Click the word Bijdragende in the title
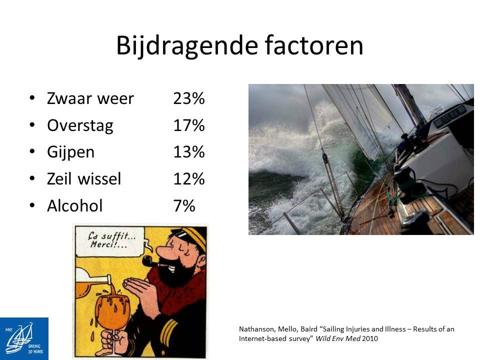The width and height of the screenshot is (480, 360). tap(186, 46)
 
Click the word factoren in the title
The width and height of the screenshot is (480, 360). tap(314, 45)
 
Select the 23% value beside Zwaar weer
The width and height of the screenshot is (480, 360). tap(189, 98)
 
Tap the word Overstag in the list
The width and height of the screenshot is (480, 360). tap(80, 126)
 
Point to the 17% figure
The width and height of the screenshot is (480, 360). tap(189, 125)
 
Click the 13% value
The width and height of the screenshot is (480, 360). tap(189, 152)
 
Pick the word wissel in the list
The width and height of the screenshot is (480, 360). tap(99, 179)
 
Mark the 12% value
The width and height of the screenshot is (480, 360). tap(189, 179)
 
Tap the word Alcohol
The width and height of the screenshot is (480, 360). tap(74, 205)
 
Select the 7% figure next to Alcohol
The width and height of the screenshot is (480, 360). tap(184, 205)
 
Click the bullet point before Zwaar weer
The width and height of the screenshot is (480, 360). tap(32, 98)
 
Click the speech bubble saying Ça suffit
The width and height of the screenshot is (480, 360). tap(110, 241)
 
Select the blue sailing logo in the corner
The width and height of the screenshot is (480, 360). tap(24, 338)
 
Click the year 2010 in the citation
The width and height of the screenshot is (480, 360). tap(370, 338)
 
